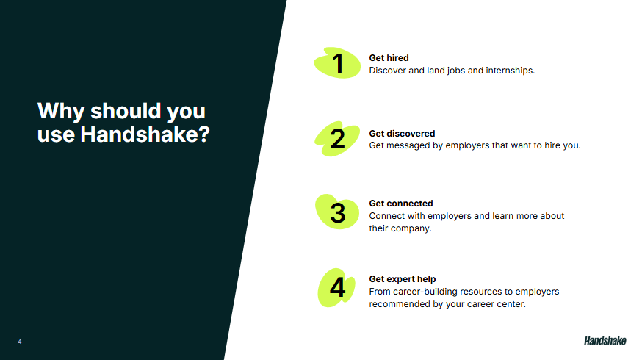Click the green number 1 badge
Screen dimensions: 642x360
(337, 63)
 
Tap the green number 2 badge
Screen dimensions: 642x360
(337, 139)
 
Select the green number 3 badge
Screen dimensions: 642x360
(337, 212)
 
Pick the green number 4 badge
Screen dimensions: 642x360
(337, 287)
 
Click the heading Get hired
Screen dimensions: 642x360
(389, 58)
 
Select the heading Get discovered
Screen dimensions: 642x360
(402, 134)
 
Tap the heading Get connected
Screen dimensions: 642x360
(401, 204)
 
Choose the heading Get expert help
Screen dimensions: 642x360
(402, 279)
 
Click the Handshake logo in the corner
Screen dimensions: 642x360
(605, 341)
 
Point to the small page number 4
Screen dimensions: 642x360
(20, 342)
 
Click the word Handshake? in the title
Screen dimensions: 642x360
(145, 134)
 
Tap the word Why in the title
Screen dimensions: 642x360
(61, 111)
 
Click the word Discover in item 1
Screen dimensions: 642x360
(387, 71)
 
